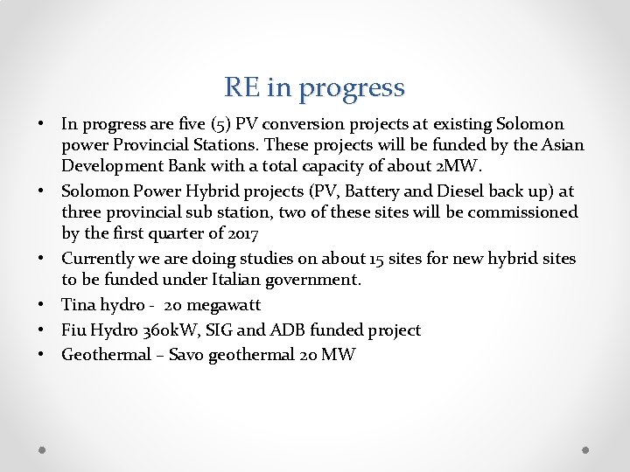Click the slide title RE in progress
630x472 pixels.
point(314,87)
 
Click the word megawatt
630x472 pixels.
point(222,305)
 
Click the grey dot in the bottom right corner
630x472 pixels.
point(586,451)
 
